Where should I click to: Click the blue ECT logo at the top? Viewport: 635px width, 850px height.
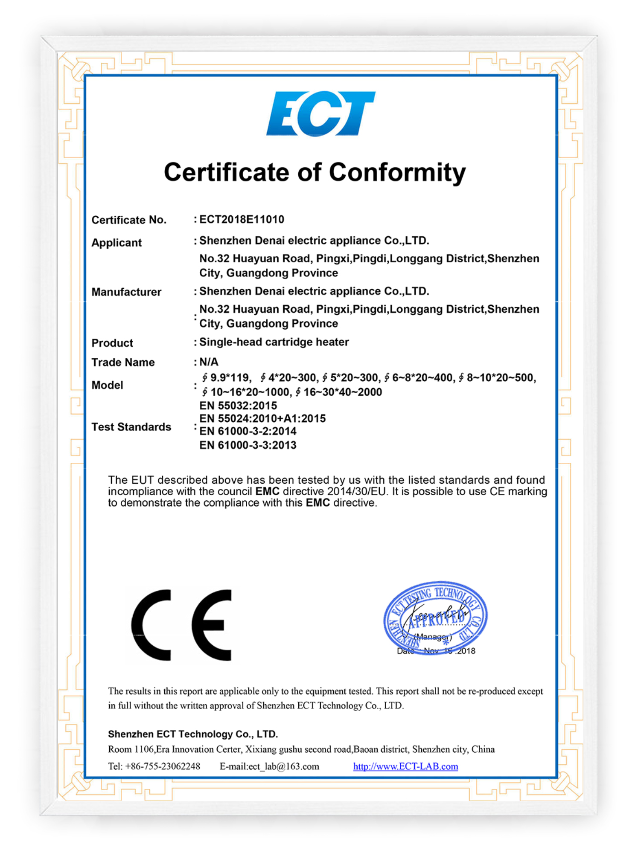point(320,113)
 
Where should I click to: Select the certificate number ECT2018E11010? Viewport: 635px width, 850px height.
point(242,220)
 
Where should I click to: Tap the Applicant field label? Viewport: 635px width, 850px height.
point(117,243)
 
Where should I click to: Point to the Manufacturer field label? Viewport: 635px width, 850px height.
point(126,292)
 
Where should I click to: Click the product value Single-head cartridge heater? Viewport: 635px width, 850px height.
point(274,342)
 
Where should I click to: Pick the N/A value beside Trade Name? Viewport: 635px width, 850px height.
point(209,362)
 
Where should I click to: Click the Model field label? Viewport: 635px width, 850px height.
point(107,385)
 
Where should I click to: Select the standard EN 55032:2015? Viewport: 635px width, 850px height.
point(238,406)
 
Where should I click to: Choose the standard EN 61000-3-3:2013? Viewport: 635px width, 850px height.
point(248,445)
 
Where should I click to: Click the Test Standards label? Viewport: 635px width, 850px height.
point(131,427)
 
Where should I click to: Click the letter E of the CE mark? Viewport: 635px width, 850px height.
point(212,625)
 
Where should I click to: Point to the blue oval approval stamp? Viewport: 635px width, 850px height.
point(435,617)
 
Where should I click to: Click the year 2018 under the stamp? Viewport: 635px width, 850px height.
point(466,651)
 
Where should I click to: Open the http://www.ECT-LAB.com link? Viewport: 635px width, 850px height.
point(405,766)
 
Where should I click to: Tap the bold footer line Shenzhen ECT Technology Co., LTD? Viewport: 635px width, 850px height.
point(193,734)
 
